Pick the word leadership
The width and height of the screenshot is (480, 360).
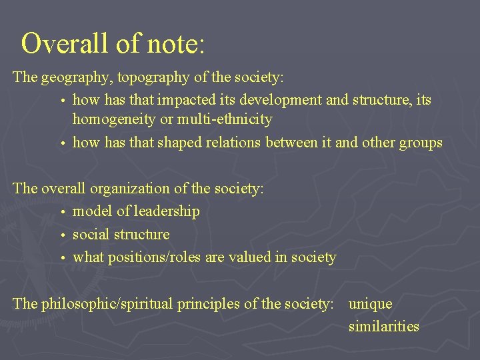pos(167,211)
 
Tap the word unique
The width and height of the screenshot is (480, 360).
pos(370,304)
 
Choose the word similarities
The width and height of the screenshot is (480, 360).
pos(383,327)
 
